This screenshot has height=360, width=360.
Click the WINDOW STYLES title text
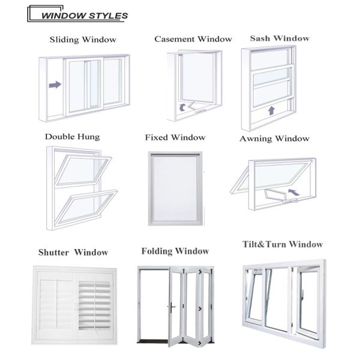[84, 16]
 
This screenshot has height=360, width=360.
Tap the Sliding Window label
[83, 40]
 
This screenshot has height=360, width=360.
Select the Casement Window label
[193, 39]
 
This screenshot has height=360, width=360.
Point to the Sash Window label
[280, 38]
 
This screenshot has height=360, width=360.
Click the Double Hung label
[73, 137]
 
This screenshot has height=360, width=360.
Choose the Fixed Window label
[175, 137]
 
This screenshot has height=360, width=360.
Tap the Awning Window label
[274, 139]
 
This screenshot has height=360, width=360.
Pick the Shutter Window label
[73, 252]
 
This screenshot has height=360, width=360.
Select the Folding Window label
[175, 251]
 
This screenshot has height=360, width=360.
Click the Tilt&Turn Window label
[283, 244]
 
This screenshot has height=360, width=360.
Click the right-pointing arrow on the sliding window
[55, 85]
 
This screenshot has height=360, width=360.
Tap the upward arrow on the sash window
[271, 110]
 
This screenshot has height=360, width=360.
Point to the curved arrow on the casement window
[182, 107]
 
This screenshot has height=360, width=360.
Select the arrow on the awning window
[294, 192]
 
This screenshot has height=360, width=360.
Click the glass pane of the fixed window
[175, 188]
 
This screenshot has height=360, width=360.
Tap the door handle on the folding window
[171, 306]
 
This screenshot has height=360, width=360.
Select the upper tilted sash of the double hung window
[83, 170]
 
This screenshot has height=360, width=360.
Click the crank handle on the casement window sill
[200, 112]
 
